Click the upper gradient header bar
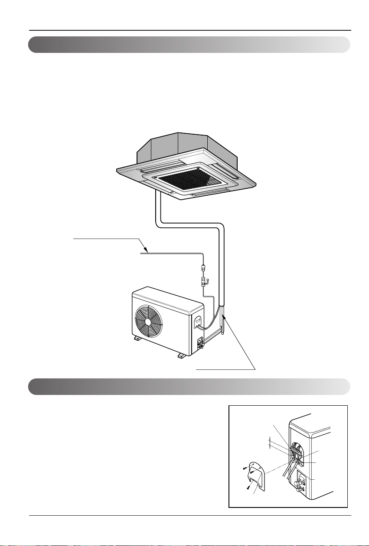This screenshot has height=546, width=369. [x=189, y=45]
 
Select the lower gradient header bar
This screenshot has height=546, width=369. [x=189, y=386]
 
